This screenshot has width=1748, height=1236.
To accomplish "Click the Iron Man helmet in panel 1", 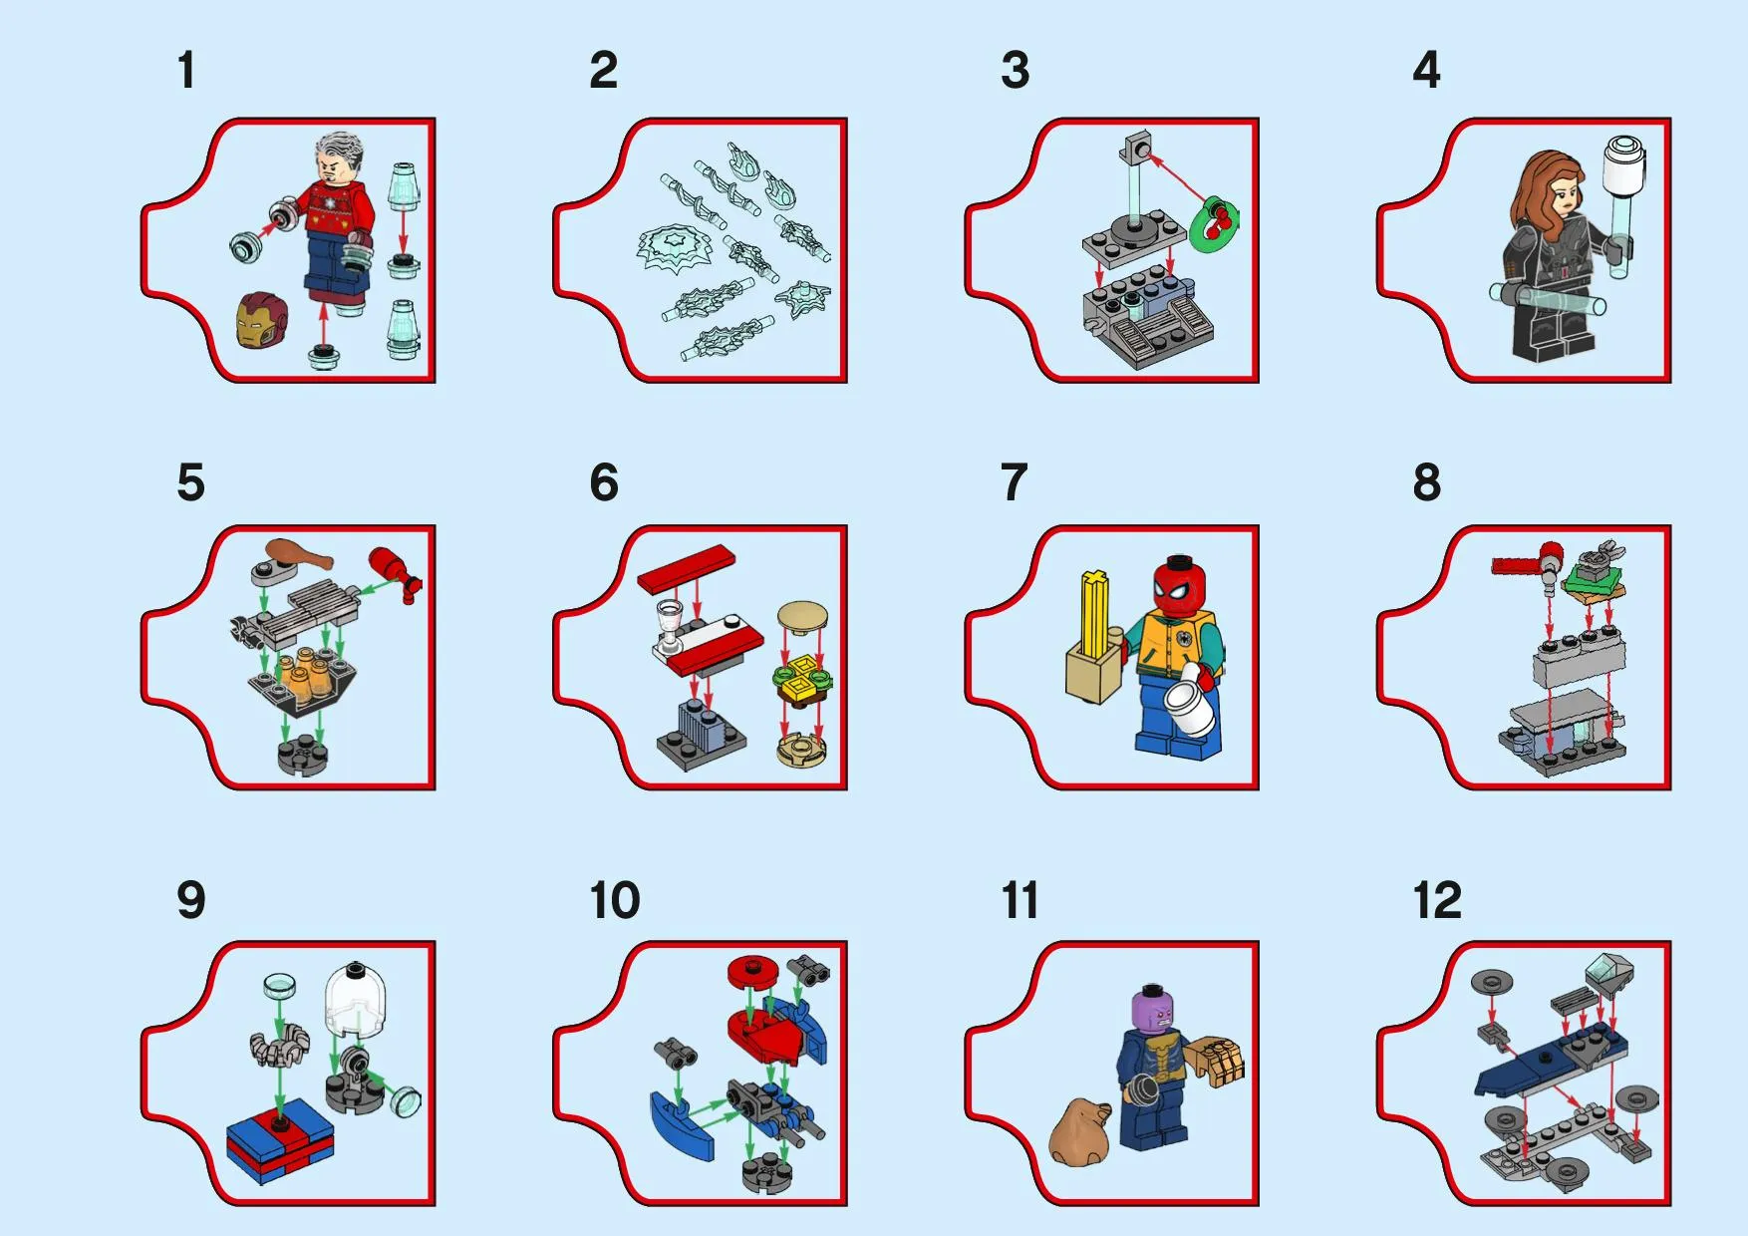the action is click(x=261, y=320).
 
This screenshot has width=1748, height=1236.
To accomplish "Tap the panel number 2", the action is click(x=603, y=71).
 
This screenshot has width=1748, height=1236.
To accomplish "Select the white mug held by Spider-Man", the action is click(x=1191, y=702).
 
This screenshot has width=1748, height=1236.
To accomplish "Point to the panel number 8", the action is click(x=1426, y=483).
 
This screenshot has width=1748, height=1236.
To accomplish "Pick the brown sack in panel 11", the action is click(x=1080, y=1132).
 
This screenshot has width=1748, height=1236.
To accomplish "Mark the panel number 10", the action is click(x=615, y=901).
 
